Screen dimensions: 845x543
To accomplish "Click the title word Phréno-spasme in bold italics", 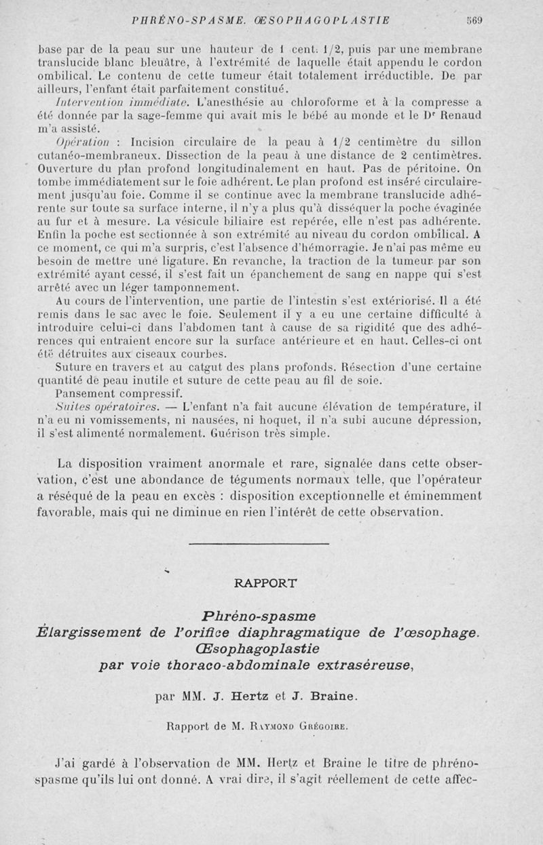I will click(259, 616).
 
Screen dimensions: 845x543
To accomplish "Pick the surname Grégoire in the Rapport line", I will click(322, 726).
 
